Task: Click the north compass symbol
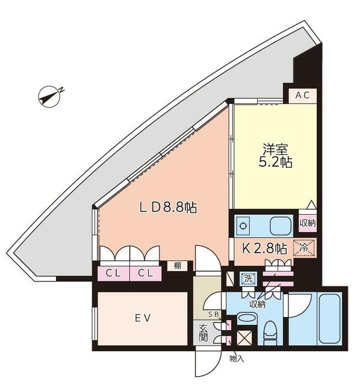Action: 50,96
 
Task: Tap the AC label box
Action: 302,96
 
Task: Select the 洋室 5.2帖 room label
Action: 276,156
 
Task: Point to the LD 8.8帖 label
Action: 169,208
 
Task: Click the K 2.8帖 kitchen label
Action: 265,248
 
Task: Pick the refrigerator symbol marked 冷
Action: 304,248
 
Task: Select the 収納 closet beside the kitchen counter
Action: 308,223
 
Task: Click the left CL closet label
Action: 113,273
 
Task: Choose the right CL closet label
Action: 146,273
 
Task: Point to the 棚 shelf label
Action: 178,265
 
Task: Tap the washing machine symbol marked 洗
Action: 248,279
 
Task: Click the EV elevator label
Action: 143,318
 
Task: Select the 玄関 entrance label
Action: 203,333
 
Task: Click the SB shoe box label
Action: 213,315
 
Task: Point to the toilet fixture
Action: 270,333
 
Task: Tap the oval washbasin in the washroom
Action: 247,319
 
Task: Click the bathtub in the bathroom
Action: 329,319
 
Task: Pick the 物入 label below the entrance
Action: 237,359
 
